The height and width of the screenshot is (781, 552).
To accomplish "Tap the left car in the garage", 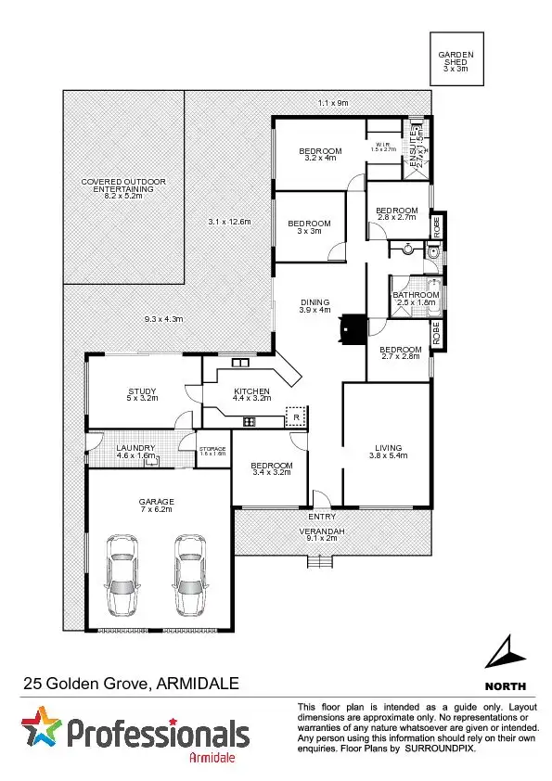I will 123,574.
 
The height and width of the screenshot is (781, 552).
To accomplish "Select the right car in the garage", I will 189,574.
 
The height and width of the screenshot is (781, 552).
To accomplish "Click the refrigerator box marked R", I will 295,418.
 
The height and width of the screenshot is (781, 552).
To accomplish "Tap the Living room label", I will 389,450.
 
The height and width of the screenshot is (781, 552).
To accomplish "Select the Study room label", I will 142,395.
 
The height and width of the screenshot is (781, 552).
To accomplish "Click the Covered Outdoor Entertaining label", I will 123,187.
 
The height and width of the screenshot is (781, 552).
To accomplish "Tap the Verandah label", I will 321,532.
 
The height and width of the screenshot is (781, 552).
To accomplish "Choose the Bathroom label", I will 416,299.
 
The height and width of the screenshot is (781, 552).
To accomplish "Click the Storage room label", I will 212,451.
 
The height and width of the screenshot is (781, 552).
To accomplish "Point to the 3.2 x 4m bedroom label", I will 320,155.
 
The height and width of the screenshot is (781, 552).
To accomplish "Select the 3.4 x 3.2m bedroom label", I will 272,468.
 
